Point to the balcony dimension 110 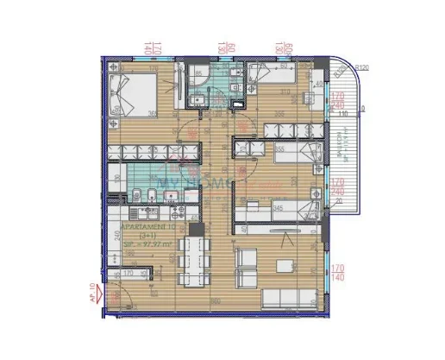coord(342,113)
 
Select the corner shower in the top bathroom coord(235,75)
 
